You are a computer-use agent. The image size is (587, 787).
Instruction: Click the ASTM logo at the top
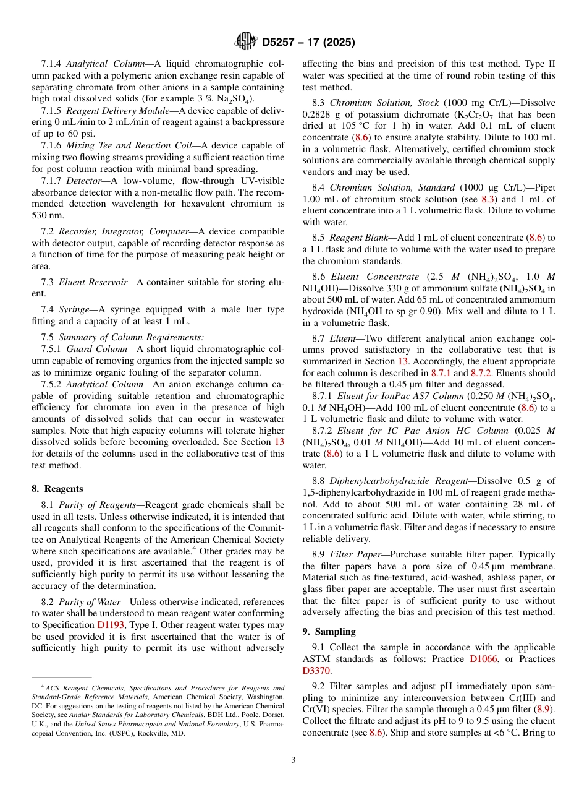[246, 42]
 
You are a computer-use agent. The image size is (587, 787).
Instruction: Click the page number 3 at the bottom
[293, 760]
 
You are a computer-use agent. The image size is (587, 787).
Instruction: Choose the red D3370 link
[316, 671]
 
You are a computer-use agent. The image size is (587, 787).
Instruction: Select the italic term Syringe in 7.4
[74, 309]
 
